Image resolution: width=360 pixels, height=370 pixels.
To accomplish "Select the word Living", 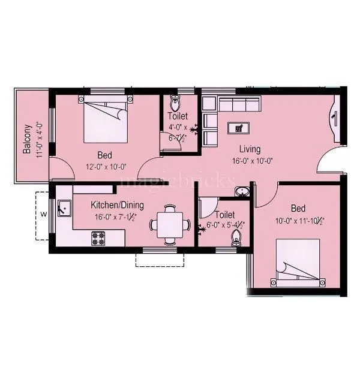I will tap(250, 149).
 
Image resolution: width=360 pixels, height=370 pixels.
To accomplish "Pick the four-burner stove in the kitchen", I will tap(98, 239).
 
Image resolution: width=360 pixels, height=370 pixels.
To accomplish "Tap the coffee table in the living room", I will tap(240, 127).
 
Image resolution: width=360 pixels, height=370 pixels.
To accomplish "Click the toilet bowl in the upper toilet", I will tap(176, 100).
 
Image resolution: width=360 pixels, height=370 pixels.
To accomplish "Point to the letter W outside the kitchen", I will tap(43, 213).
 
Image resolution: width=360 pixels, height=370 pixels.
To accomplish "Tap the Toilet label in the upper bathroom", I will tap(178, 116).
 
